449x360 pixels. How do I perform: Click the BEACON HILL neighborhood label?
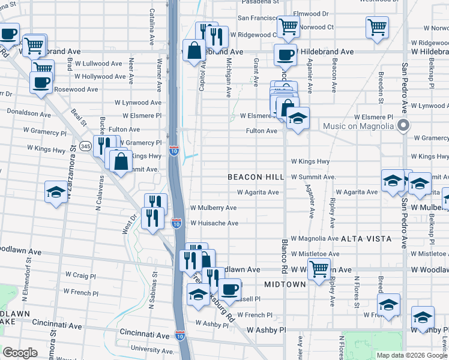(x=256, y=177)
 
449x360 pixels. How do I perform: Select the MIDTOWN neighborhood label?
(x=285, y=284)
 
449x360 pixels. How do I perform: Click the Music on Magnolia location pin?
(x=403, y=126)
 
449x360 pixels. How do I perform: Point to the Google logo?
(x=20, y=353)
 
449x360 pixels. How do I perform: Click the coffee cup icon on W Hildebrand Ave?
(x=285, y=55)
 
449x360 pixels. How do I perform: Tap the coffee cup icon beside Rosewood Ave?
(x=41, y=82)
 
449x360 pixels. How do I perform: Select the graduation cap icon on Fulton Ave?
(x=297, y=119)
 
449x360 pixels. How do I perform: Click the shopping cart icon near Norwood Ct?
(x=288, y=26)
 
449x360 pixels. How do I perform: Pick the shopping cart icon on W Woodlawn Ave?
(x=319, y=269)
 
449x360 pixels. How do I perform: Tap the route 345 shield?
(x=85, y=146)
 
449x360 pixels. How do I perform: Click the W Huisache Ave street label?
(x=214, y=223)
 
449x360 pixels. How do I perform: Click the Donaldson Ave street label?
(x=29, y=113)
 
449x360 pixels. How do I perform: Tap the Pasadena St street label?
(x=261, y=2)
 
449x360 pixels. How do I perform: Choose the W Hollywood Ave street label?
(x=100, y=77)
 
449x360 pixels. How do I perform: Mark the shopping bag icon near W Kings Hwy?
(x=121, y=161)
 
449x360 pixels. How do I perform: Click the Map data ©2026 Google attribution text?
(x=411, y=355)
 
